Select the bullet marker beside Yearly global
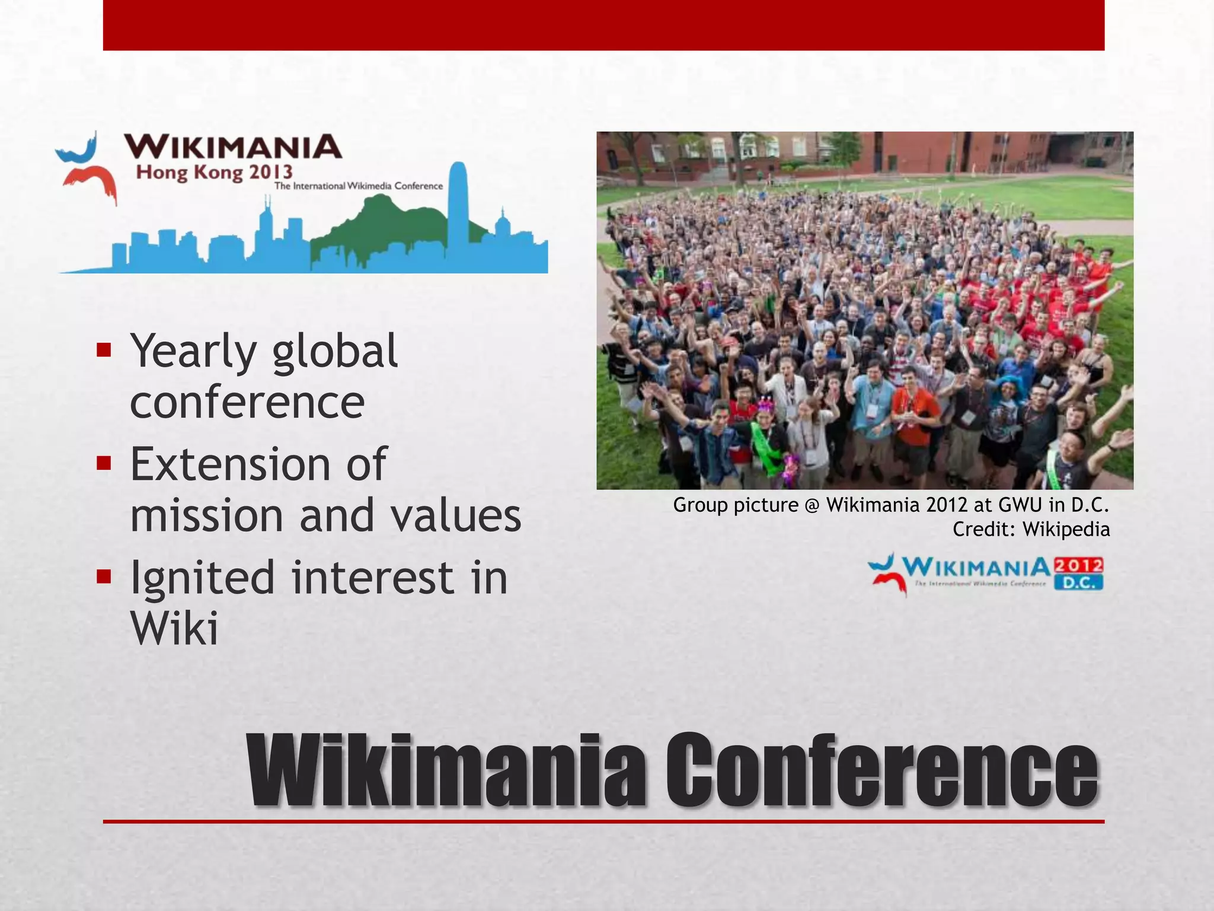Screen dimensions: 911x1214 pos(104,349)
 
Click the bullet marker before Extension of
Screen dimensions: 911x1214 pos(104,463)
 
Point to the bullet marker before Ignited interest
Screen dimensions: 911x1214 pos(104,576)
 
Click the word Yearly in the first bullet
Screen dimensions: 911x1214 pos(193,351)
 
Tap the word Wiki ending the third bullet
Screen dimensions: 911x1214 pos(174,627)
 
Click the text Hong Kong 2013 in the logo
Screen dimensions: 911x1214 pos(215,173)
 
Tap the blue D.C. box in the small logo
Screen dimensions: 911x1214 pos(1078,582)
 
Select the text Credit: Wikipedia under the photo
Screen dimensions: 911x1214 pos(1031,529)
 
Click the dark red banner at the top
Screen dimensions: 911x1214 pos(603,25)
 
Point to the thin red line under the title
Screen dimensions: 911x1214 pos(603,821)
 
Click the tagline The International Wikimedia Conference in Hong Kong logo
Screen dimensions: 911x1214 pos(358,186)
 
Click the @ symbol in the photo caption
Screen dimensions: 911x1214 pos(812,505)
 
